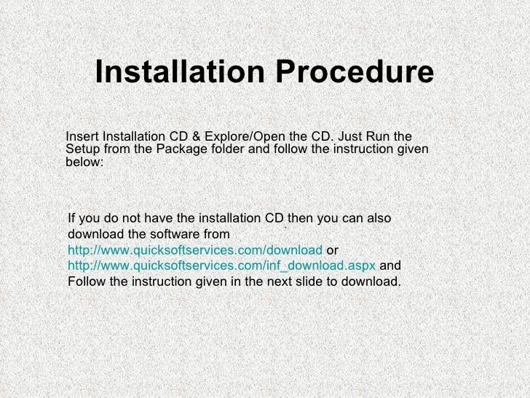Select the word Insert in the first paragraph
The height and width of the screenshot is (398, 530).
pos(82,137)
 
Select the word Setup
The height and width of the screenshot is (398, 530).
pos(82,150)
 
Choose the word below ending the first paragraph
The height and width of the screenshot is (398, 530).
pos(84,163)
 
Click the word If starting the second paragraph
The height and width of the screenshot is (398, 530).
pos(71,219)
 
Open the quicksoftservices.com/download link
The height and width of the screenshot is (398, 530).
pos(195,250)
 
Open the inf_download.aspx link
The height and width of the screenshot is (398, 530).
pos(221,265)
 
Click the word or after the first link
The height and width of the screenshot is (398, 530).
pos(332,250)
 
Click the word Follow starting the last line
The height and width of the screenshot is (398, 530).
pos(85,281)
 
